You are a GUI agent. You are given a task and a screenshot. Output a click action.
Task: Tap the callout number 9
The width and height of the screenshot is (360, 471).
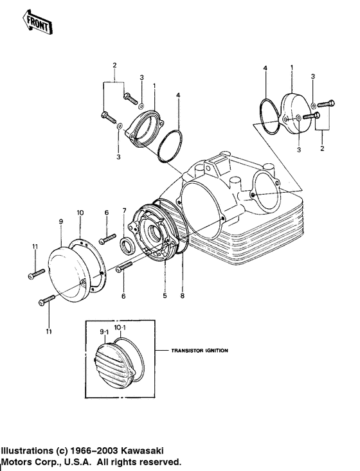coord(60,221)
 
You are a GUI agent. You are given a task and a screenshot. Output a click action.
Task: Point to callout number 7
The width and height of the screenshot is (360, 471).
coord(124,211)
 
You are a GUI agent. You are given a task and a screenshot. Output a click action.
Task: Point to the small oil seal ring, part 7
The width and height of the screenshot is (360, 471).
coord(127,245)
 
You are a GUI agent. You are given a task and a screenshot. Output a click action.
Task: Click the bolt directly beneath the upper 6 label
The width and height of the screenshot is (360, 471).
coord(107,240)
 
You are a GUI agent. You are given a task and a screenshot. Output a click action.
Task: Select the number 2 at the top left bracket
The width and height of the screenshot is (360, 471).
coord(114,66)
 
